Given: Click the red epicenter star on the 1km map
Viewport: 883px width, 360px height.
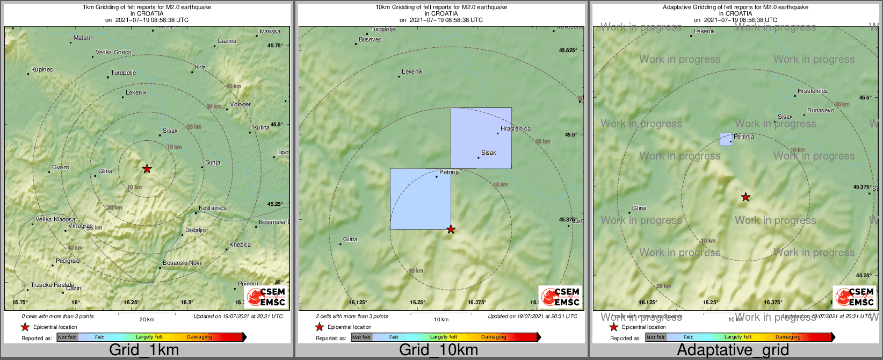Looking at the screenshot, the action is tap(147, 169).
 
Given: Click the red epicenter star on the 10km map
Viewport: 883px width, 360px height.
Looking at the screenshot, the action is tap(451, 229).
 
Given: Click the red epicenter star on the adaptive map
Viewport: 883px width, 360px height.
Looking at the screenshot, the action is tap(746, 197).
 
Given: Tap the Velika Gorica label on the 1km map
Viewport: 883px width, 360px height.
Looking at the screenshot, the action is tap(113, 52).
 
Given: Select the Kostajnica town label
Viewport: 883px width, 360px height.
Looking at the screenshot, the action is tap(213, 208).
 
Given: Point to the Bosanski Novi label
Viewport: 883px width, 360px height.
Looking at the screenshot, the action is tap(182, 263).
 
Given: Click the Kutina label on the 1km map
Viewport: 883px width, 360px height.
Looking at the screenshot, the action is tap(262, 127).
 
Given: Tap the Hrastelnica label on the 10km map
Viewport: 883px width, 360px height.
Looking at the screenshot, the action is tap(515, 128).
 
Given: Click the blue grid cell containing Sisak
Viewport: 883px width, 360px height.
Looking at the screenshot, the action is tap(481, 138).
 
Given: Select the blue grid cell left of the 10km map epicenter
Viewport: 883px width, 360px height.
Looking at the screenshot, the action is tap(420, 199).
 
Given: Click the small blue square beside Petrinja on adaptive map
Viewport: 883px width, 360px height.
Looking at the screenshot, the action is tap(726, 140).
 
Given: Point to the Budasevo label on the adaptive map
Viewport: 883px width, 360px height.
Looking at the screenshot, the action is tap(821, 110).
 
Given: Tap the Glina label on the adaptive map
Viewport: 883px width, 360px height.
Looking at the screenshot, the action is tap(639, 208).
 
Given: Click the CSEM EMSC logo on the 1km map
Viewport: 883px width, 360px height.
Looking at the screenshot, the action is tap(266, 297).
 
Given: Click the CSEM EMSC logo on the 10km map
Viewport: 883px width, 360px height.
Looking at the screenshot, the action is tap(561, 297).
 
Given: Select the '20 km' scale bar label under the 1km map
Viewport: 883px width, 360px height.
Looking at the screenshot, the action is tap(147, 319).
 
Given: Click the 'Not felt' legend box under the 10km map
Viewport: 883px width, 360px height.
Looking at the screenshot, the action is tap(361, 337).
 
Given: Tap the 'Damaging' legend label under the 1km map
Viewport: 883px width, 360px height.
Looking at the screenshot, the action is tap(199, 337).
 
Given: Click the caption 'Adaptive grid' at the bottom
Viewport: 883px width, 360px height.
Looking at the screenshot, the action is tap(733, 350).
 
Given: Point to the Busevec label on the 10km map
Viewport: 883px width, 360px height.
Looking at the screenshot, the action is tap(370, 39).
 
